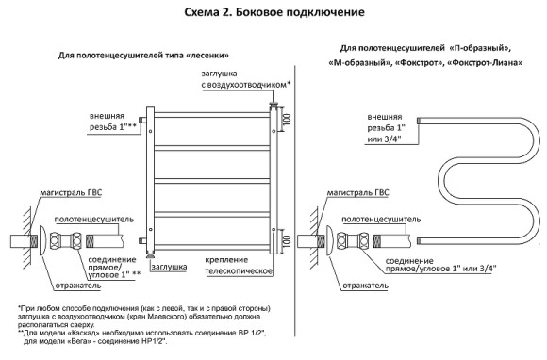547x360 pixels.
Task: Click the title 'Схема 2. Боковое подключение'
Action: pyautogui.click(x=273, y=13)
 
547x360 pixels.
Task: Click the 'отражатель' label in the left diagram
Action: pyautogui.click(x=70, y=281)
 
